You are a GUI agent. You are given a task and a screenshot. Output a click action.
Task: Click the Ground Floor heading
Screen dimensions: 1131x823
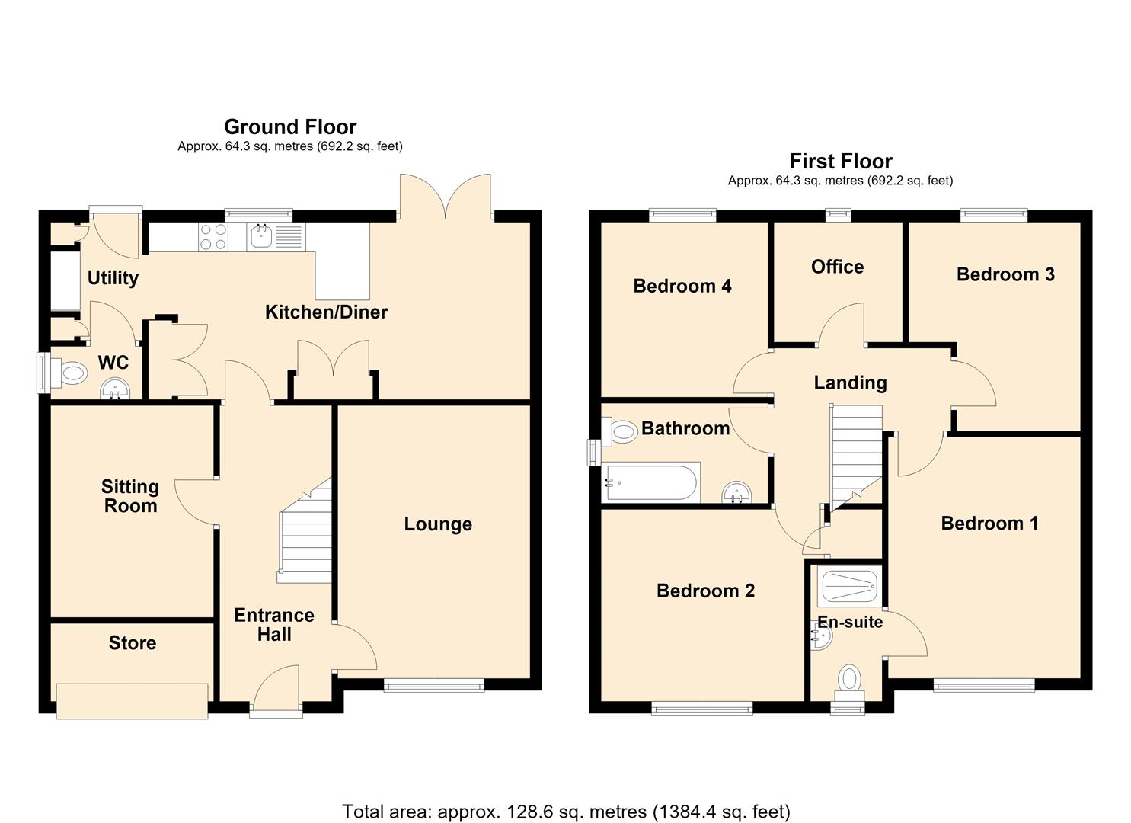290,126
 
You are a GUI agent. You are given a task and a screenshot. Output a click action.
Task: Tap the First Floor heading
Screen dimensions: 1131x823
841,162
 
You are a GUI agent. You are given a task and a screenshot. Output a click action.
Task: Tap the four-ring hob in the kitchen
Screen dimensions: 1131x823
212,237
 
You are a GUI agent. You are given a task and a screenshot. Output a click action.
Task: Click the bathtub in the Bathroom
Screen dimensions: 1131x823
650,482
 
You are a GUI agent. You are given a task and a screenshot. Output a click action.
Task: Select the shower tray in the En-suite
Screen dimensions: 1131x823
849,586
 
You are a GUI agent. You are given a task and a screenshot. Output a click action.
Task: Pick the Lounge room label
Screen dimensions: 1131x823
438,524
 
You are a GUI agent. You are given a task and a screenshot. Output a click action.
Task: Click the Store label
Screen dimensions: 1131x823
133,642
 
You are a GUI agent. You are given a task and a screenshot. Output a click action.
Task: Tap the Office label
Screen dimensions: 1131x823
837,267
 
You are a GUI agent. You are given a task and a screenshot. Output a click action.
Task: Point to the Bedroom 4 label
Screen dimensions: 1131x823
682,286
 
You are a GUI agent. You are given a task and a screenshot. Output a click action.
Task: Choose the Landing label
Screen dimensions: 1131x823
850,383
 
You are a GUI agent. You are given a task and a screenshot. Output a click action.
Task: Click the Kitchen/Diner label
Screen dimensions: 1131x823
326,312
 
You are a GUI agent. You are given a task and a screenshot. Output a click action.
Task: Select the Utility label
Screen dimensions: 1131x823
113,278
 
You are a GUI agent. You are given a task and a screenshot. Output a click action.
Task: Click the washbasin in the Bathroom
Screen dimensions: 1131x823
736,492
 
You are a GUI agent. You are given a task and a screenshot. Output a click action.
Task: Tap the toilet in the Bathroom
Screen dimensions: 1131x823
619,431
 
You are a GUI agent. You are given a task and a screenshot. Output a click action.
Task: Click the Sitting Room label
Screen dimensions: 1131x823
130,496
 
